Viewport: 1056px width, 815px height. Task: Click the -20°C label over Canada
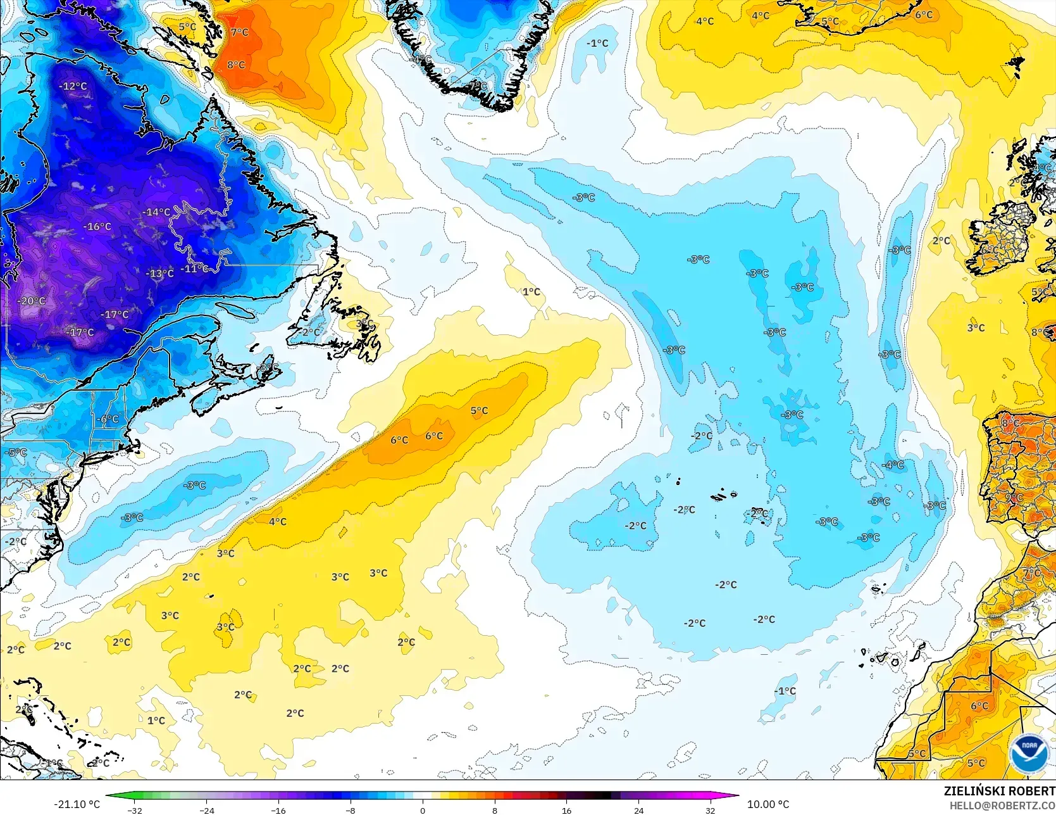[x=32, y=301]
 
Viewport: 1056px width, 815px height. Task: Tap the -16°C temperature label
[x=97, y=226]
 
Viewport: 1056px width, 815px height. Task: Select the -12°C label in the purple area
[x=73, y=86]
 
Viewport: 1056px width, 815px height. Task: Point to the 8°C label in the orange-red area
[x=236, y=65]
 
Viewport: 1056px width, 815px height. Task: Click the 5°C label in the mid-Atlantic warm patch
[x=479, y=410]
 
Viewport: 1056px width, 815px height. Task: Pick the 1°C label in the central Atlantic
[x=531, y=291]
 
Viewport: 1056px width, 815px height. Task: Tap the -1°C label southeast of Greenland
[x=597, y=43]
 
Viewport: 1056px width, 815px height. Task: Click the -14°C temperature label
[x=156, y=212]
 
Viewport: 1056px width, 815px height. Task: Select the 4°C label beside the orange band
[x=278, y=521]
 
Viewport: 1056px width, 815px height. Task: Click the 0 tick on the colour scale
[x=423, y=810]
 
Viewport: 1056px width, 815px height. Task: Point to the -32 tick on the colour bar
[x=134, y=810]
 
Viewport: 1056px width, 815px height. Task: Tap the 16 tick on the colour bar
[x=566, y=810]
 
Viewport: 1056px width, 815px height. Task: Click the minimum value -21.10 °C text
[x=77, y=804]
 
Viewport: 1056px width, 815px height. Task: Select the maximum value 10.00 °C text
[x=768, y=804]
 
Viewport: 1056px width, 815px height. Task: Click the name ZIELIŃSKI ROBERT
[x=999, y=791]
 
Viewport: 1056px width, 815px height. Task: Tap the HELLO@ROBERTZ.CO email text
[x=1002, y=805]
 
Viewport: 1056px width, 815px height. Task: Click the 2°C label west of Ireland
[x=941, y=241]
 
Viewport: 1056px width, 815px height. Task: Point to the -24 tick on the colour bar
[x=206, y=810]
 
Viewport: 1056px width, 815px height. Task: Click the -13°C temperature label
[x=160, y=274]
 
